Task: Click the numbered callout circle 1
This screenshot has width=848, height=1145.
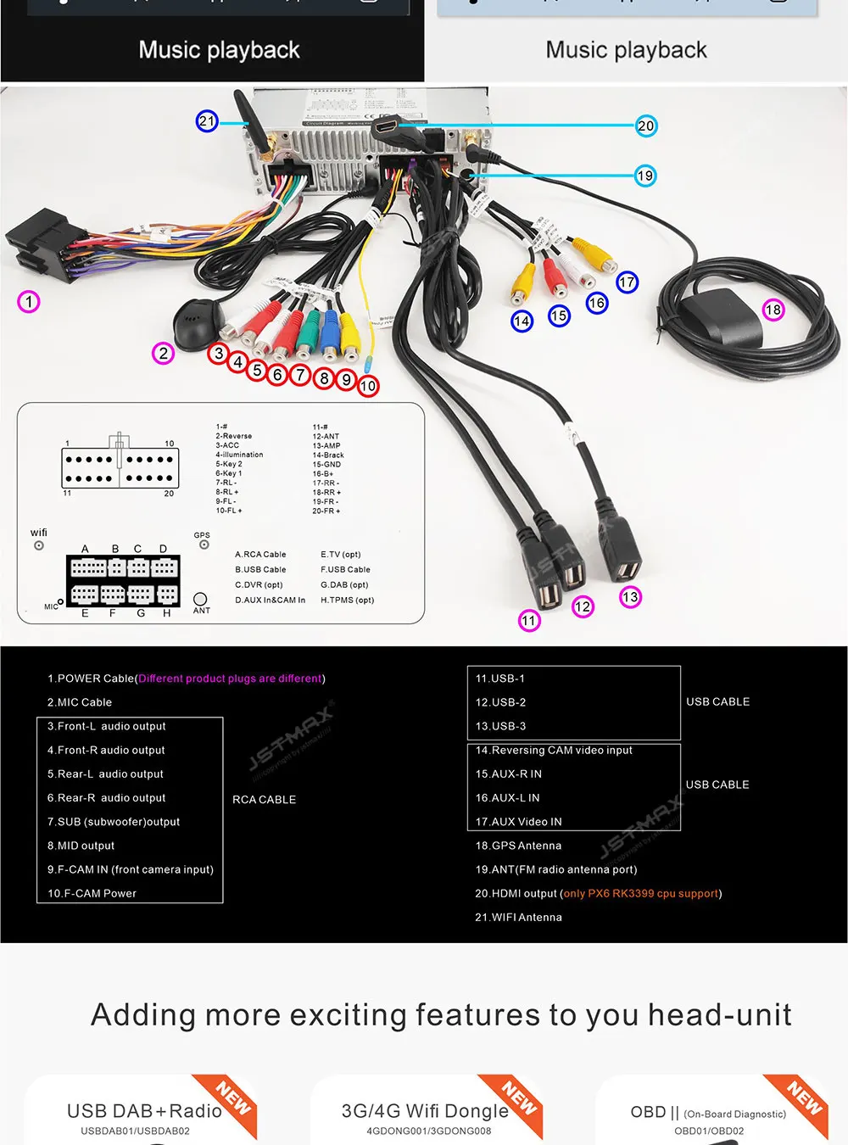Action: point(29,302)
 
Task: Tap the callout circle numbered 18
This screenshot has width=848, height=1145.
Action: point(773,310)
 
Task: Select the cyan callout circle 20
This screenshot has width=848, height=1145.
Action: point(646,126)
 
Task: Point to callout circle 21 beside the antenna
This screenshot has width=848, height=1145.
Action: point(207,121)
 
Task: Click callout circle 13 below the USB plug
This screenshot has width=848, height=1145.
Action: point(630,597)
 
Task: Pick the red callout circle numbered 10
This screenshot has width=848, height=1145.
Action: point(368,387)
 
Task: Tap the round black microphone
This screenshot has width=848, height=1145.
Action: point(196,321)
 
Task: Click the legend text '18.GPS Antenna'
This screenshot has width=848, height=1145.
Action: point(518,846)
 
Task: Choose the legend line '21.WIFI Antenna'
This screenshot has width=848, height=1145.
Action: point(518,917)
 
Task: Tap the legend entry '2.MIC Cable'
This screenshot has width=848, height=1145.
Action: point(80,702)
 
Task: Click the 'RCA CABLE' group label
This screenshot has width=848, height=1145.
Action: point(264,800)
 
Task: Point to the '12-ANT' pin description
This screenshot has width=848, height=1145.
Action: point(326,437)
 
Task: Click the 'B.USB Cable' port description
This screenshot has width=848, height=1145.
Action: point(260,570)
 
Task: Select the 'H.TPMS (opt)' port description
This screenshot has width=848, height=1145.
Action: point(347,600)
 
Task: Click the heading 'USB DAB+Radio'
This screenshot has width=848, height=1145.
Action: point(144,1111)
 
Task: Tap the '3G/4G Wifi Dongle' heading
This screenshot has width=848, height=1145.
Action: point(425,1111)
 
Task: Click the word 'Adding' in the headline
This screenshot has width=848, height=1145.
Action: point(142,1015)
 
